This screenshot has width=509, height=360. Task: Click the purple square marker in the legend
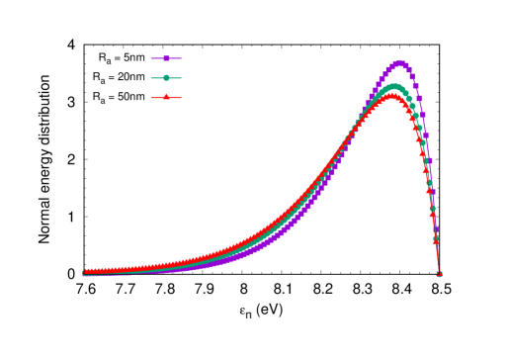tap(166, 58)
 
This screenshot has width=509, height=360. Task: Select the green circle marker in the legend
tap(166, 77)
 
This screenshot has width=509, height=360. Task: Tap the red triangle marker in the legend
tap(166, 97)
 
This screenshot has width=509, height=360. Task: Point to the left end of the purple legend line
tap(151, 58)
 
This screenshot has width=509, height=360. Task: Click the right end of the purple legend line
tap(181, 58)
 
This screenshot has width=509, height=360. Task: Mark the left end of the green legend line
tap(151, 77)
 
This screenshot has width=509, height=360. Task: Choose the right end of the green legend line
tap(181, 77)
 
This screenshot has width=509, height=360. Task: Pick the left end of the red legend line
tap(151, 97)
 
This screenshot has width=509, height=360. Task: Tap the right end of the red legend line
tap(181, 97)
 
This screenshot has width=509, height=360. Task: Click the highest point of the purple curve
tap(399, 63)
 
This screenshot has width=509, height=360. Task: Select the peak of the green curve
tap(395, 87)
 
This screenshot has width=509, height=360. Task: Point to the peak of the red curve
tap(392, 96)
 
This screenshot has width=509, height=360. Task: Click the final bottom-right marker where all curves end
tap(439, 274)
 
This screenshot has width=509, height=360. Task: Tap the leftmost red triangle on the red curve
tap(85, 271)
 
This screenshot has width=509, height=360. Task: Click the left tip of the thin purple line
tap(83, 275)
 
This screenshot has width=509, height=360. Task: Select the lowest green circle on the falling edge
tap(435, 239)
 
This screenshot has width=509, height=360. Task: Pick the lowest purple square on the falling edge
tap(436, 237)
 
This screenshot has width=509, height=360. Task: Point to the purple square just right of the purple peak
tap(404, 64)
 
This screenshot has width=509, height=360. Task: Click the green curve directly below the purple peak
tap(399, 88)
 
